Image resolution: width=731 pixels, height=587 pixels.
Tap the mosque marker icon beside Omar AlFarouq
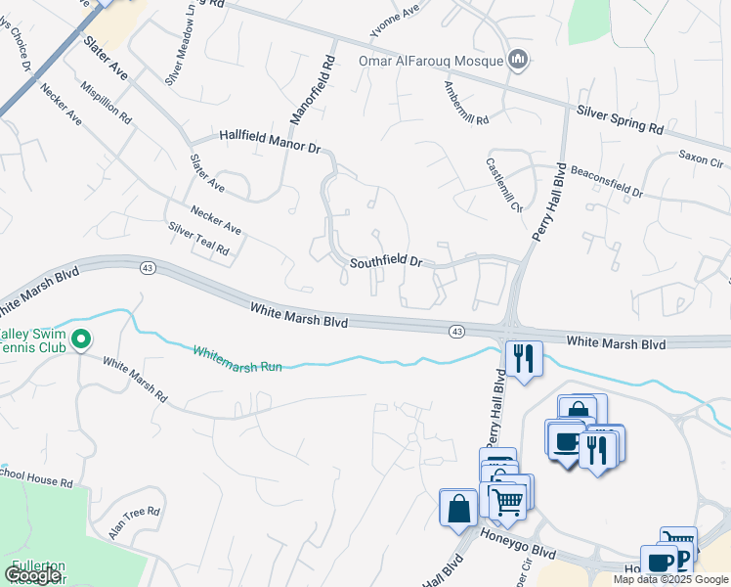[519, 61]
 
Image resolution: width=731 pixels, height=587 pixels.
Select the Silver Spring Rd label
[620, 120]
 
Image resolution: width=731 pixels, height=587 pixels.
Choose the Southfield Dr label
[386, 262]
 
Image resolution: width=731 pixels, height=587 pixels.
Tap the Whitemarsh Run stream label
[237, 359]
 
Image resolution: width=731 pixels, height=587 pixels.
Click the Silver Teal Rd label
[198, 239]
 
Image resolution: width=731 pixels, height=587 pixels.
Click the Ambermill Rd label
[465, 98]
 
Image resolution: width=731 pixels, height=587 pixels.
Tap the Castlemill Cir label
[504, 185]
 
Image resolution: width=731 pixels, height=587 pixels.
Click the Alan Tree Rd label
[134, 523]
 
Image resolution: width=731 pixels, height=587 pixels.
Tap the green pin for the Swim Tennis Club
[82, 340]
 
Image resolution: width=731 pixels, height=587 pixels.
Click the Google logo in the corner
[32, 575]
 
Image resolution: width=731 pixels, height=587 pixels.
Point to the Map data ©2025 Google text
[670, 579]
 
